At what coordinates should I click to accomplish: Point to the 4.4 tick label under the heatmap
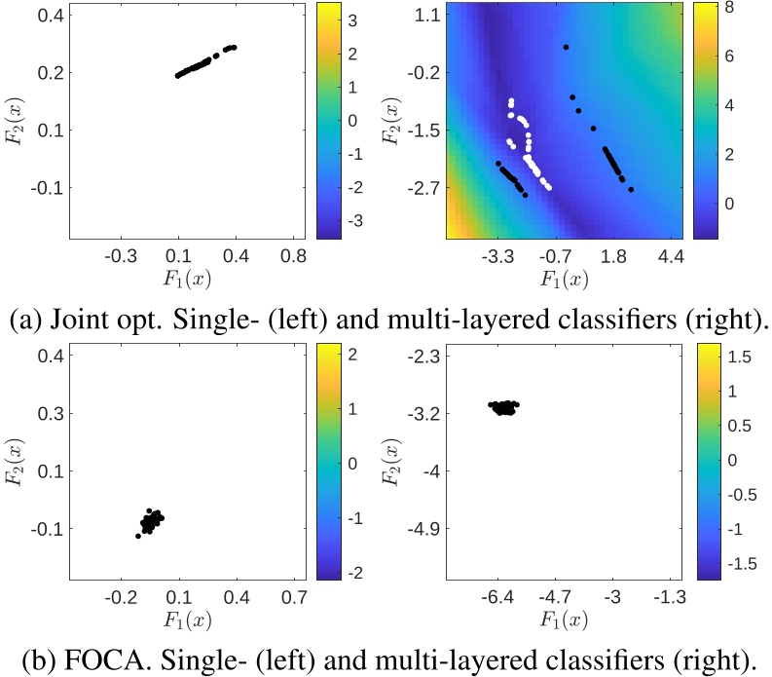click(x=671, y=257)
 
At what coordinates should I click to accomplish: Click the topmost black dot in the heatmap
click(x=566, y=47)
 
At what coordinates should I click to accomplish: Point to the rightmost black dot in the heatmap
click(x=631, y=190)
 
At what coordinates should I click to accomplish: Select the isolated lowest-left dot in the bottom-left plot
click(x=137, y=536)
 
